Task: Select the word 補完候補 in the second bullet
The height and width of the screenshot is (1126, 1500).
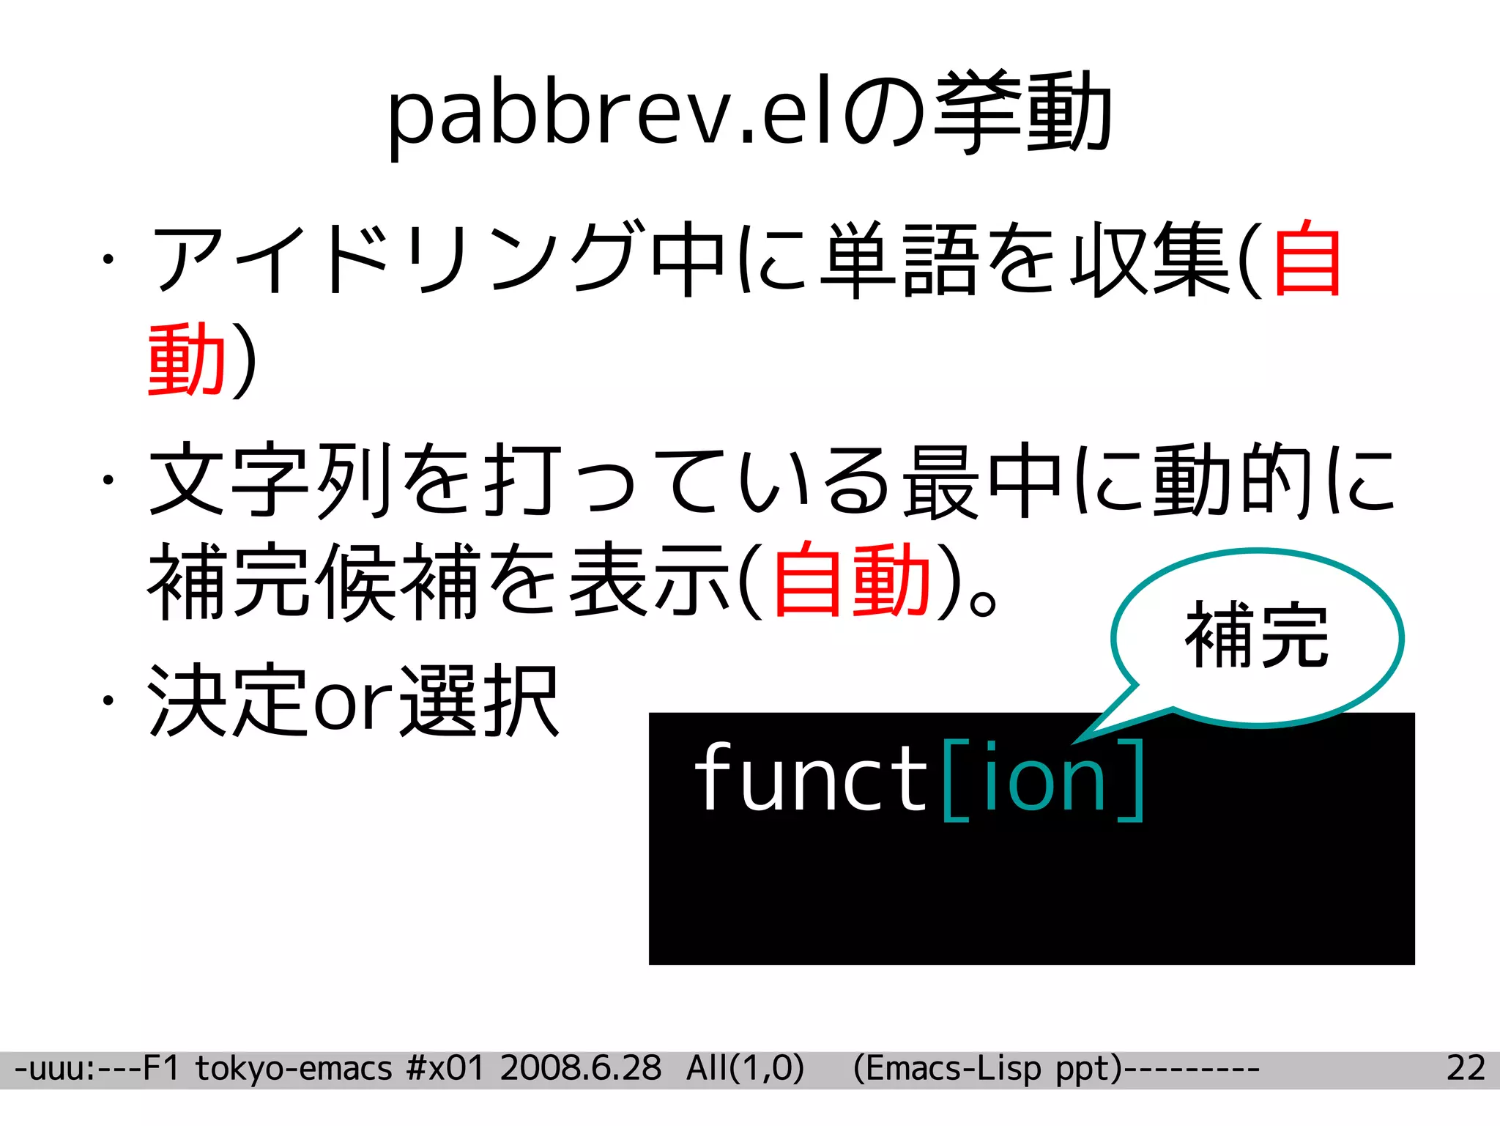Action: [315, 580]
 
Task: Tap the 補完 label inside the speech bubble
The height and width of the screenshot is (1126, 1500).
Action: [1257, 635]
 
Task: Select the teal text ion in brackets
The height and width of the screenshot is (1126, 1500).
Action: [1044, 778]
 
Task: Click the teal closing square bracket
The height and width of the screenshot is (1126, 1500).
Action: [1132, 779]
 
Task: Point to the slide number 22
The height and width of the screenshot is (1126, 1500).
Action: [1466, 1069]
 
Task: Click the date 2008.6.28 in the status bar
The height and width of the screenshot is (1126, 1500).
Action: [581, 1069]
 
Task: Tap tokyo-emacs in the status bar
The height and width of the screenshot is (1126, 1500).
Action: [294, 1069]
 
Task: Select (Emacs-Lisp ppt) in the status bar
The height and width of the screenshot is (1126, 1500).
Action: [987, 1069]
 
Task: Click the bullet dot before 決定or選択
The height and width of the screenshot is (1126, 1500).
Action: [108, 701]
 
